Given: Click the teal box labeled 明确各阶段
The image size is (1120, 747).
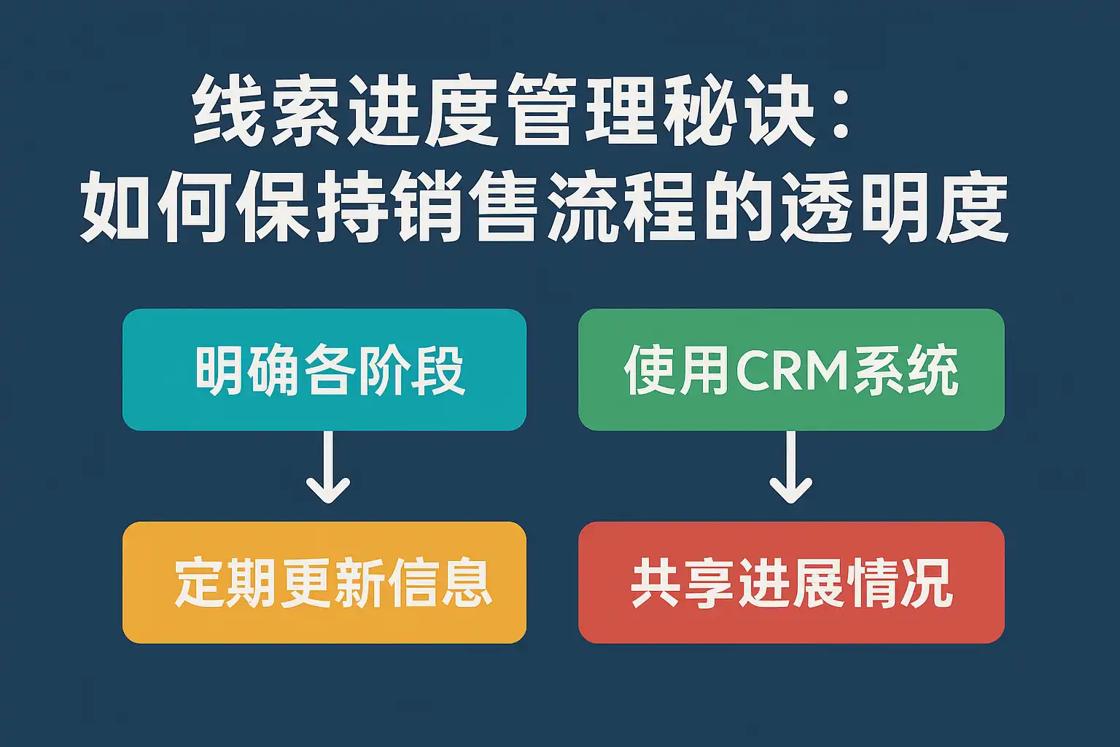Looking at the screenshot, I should tap(324, 369).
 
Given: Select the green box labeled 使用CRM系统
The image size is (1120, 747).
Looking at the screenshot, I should tap(791, 369).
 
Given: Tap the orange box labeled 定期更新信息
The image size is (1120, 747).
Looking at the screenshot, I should tap(324, 582).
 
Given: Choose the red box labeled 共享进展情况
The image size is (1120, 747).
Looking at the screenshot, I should tap(791, 582).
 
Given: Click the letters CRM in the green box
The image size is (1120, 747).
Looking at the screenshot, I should tap(793, 371).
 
